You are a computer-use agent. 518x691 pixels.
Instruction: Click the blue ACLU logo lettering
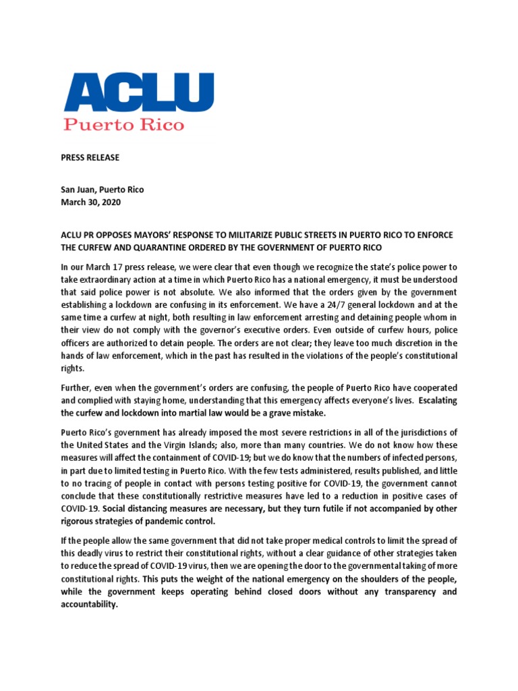(x=138, y=94)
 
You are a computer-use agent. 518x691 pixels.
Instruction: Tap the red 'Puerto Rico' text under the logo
(x=123, y=125)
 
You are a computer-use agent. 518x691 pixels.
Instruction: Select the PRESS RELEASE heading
(x=91, y=158)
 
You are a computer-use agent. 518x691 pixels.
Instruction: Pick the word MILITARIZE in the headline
(x=250, y=234)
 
